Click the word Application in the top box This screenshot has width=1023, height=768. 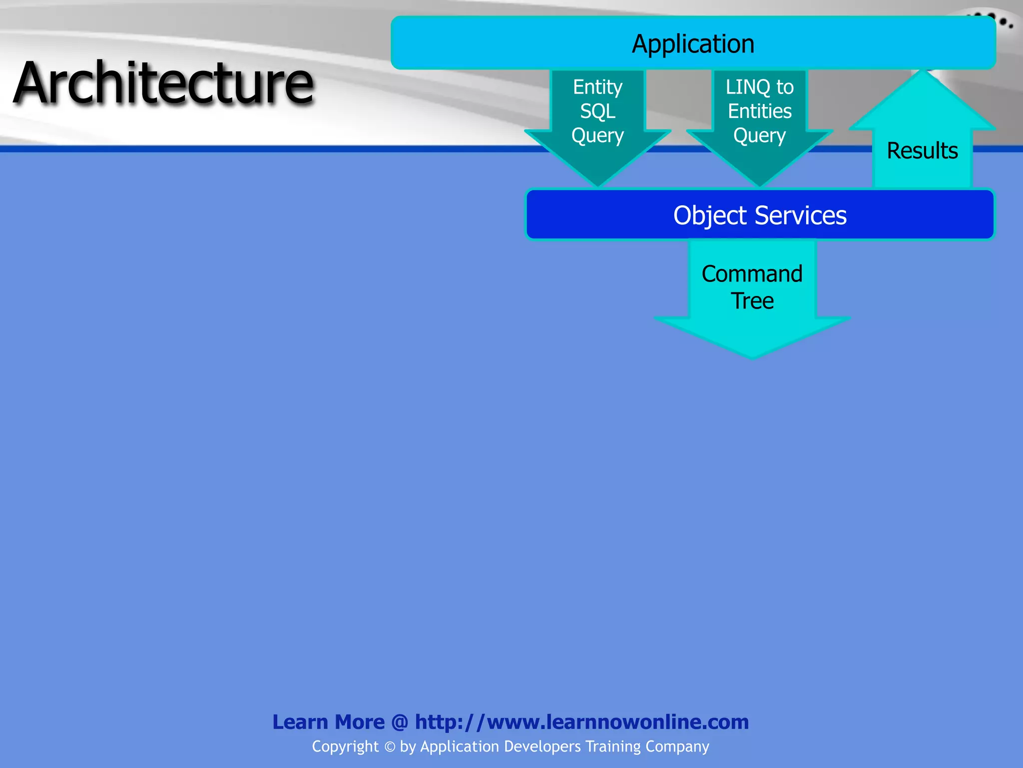point(693,44)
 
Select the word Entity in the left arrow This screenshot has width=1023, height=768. point(597,87)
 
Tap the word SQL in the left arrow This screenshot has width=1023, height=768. point(597,111)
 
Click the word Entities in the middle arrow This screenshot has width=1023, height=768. point(759,111)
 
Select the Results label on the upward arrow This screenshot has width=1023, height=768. point(922,150)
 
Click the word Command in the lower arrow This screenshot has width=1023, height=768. point(752,274)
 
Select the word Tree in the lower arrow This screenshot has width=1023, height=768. point(752,301)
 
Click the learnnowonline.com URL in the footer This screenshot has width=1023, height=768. point(581,722)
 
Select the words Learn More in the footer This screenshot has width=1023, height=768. point(328,722)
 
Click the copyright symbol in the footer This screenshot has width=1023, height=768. point(390,747)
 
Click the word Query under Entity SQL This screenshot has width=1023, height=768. point(597,135)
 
